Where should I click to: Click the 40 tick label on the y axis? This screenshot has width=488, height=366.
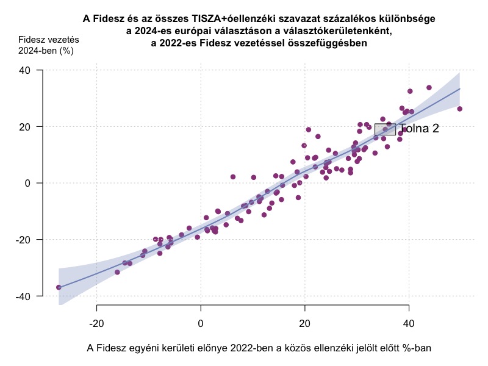click(x=26, y=70)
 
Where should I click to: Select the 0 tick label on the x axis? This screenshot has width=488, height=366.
click(x=201, y=322)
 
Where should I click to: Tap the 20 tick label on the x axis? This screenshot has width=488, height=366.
click(x=305, y=322)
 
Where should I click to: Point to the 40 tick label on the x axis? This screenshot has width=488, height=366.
click(x=409, y=322)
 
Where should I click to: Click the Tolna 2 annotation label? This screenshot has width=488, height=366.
click(x=419, y=129)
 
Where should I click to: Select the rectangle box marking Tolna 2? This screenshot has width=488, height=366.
click(x=385, y=129)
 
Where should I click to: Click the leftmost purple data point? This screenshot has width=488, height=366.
click(x=59, y=287)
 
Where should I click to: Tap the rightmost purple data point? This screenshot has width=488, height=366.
click(x=459, y=109)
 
